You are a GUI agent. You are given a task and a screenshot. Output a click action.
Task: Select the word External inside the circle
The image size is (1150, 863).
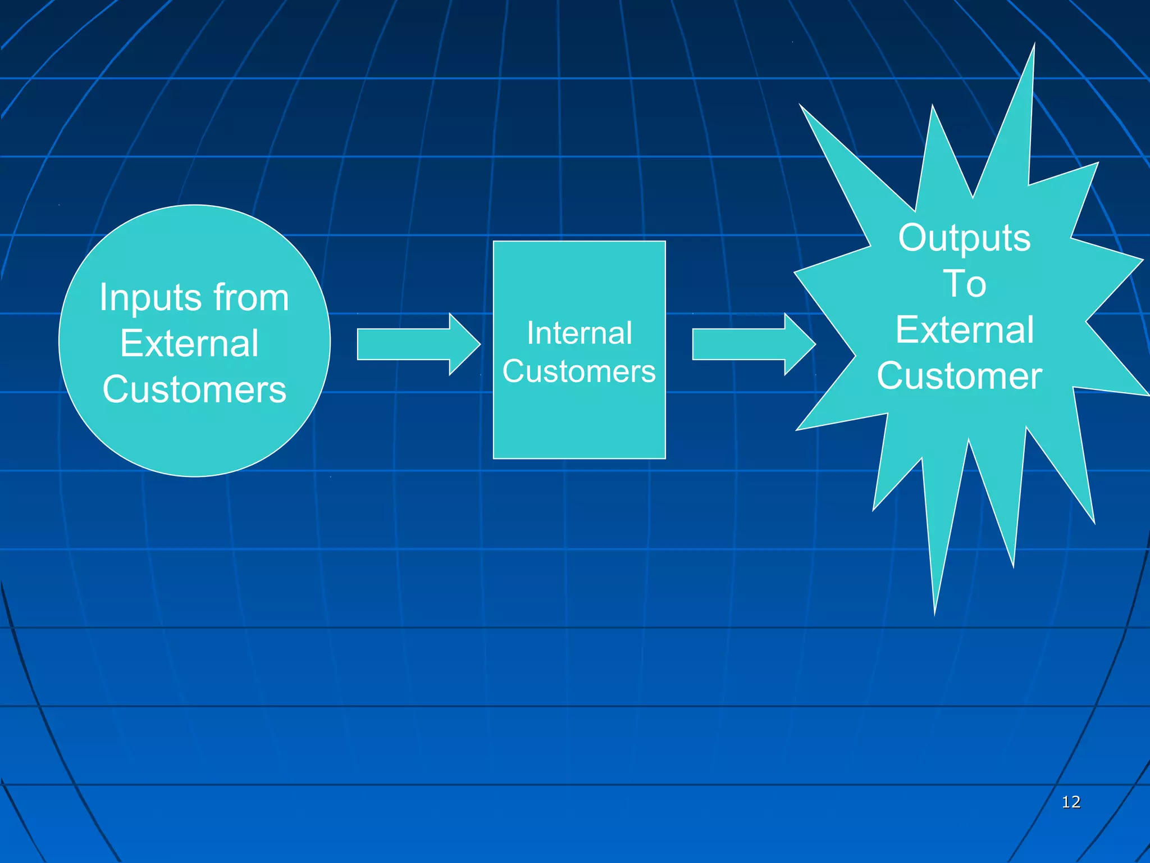(x=189, y=343)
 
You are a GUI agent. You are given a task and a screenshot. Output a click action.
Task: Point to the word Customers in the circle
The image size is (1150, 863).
(x=194, y=389)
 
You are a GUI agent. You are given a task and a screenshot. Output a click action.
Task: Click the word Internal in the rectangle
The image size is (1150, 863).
(x=579, y=333)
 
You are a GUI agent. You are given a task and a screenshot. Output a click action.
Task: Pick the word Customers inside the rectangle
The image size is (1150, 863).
(x=579, y=371)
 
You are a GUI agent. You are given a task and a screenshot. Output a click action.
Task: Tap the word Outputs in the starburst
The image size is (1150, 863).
(x=964, y=238)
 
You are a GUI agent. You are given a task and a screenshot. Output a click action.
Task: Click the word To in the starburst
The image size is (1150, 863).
(x=964, y=284)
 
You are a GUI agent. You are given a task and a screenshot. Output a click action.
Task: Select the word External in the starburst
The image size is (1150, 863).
(x=964, y=330)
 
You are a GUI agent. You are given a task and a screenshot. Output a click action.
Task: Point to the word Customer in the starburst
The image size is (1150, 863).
(x=959, y=376)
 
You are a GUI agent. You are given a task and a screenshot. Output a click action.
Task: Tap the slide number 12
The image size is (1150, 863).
(x=1071, y=802)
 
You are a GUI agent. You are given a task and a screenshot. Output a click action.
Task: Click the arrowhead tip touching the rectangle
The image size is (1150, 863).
(x=479, y=344)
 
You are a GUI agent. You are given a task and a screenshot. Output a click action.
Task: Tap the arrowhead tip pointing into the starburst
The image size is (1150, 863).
(x=814, y=344)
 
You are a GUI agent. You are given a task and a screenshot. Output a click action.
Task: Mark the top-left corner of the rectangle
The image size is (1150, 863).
(x=494, y=242)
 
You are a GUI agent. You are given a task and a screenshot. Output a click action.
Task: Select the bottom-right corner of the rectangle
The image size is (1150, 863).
(x=665, y=458)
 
